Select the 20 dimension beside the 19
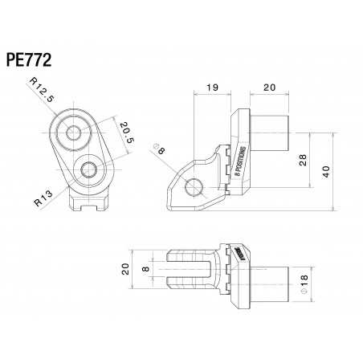click(x=268, y=87)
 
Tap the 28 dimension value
click(x=302, y=160)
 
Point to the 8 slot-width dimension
click(x=145, y=269)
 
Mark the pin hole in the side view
click(x=193, y=188)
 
